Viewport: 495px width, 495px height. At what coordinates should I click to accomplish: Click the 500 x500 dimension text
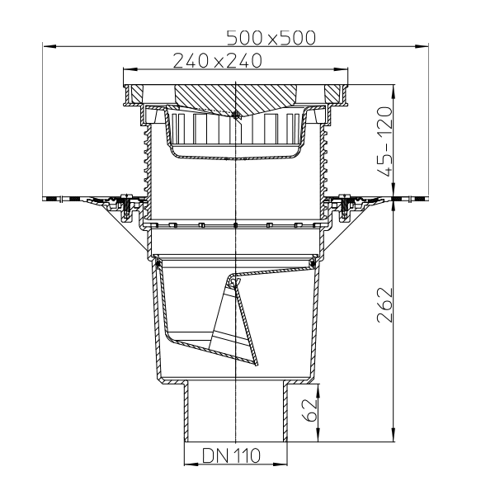pos(271,38)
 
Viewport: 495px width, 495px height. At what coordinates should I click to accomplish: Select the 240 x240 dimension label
pos(218,61)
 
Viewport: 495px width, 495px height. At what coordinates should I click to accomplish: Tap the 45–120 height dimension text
pos(384,141)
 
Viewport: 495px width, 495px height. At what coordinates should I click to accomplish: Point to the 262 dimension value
pos(384,304)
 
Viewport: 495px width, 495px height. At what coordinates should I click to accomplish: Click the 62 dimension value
pos(309,410)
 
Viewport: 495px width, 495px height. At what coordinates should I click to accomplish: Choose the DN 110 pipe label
pos(231,456)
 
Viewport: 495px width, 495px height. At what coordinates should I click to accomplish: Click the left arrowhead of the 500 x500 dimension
pos(49,46)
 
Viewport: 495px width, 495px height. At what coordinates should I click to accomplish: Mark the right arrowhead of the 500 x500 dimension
pos(422,46)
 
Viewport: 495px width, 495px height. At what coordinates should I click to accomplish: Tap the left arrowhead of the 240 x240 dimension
pos(130,69)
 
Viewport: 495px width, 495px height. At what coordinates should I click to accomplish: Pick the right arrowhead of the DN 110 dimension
pos(280,464)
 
